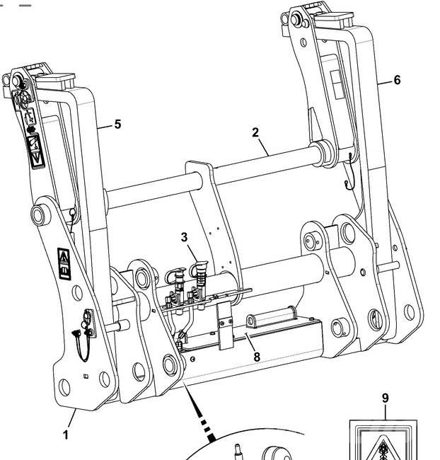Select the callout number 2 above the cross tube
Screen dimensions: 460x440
255,132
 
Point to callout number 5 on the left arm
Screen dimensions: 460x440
117,125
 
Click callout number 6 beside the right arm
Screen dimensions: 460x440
397,81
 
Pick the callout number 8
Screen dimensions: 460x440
257,357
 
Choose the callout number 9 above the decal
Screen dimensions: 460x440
386,398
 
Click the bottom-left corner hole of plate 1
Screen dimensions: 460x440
64,386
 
